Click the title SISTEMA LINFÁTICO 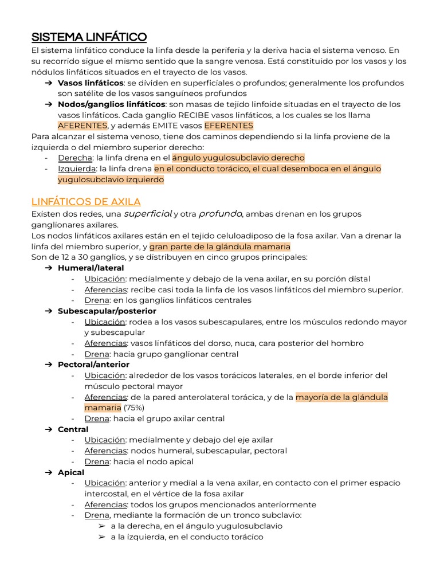pyautogui.click(x=89, y=37)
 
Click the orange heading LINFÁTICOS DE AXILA pyautogui.click(x=85, y=202)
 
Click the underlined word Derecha pyautogui.click(x=75, y=158)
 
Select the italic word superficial pyautogui.click(x=148, y=214)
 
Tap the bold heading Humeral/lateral pyautogui.click(x=91, y=268)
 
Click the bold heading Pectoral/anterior pyautogui.click(x=93, y=365)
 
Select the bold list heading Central pyautogui.click(x=73, y=429)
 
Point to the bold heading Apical pyautogui.click(x=71, y=472)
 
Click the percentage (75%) pyautogui.click(x=132, y=408)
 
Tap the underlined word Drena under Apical pyautogui.click(x=97, y=515)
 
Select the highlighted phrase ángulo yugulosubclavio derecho pyautogui.click(x=238, y=158)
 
